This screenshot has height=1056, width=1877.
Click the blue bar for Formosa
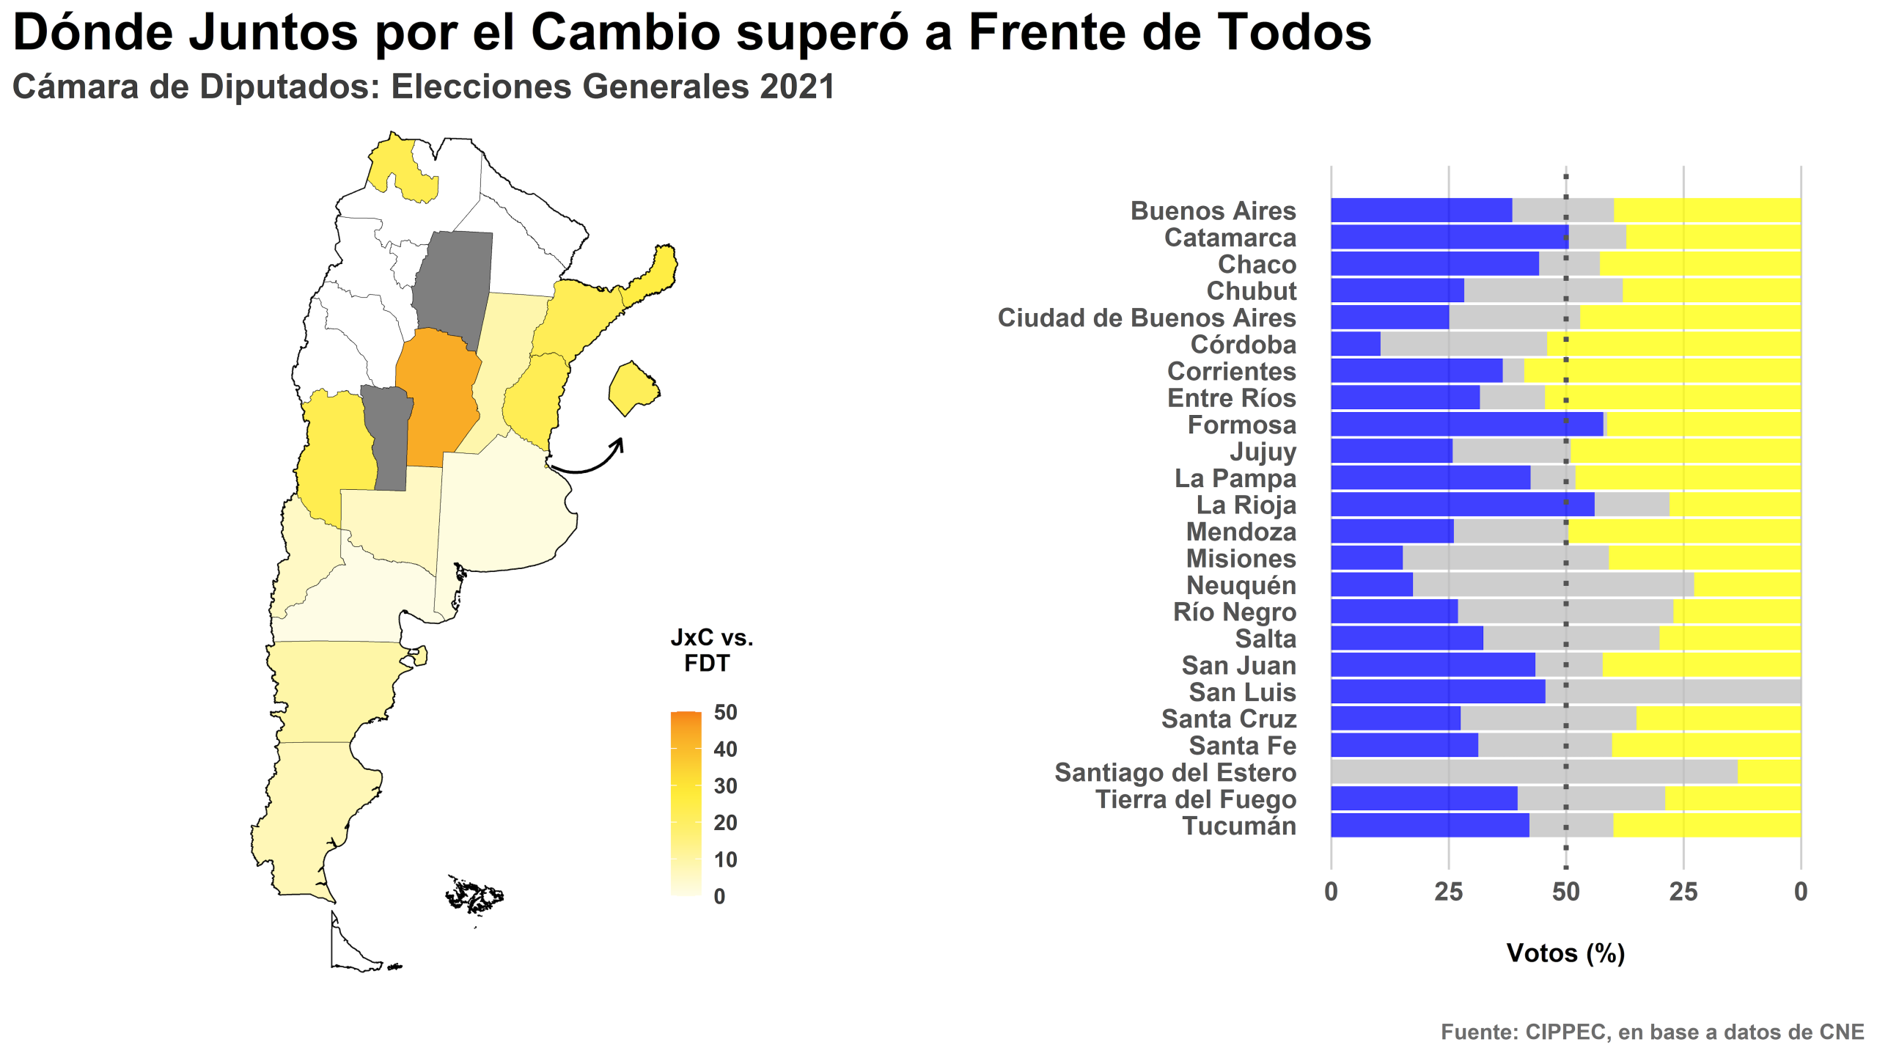click(1466, 425)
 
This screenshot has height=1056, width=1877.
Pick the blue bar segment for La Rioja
click(1462, 505)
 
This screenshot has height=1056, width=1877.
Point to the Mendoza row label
click(1241, 532)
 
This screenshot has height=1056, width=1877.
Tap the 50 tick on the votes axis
click(1565, 892)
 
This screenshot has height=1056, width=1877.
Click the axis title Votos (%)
click(1565, 953)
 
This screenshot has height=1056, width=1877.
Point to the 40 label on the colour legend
click(725, 749)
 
